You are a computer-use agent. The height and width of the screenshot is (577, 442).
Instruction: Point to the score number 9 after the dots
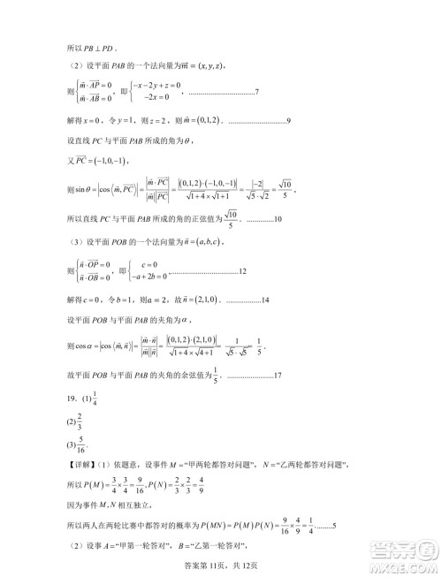(x=290, y=120)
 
